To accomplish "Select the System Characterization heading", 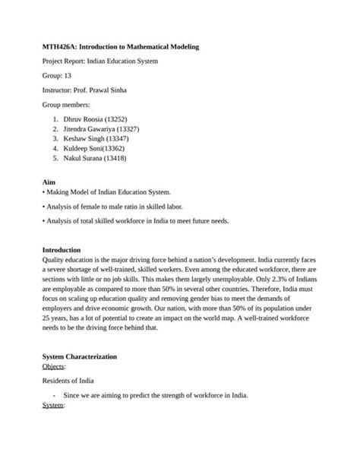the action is tap(80, 356).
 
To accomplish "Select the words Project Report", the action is tap(64, 62).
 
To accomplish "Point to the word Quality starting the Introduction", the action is tap(53, 259).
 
